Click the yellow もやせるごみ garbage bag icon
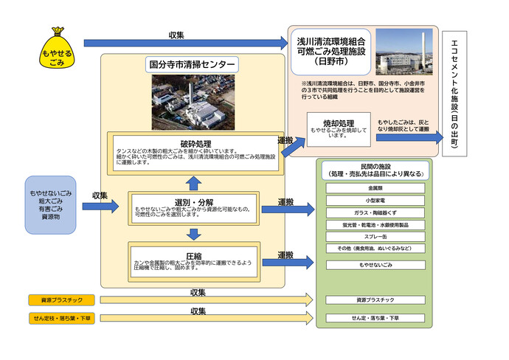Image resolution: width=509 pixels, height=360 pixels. (57, 49)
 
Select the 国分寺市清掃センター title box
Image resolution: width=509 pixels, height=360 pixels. (192, 64)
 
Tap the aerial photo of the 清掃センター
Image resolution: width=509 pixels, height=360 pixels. (193, 102)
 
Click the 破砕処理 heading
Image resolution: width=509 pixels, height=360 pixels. (195, 143)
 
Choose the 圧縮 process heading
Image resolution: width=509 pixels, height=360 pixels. (195, 255)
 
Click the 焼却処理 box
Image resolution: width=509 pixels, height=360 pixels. (339, 128)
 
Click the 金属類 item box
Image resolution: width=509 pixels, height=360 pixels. (375, 188)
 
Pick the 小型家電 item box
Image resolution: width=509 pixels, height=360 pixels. (375, 201)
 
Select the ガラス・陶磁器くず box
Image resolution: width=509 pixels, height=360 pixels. (375, 212)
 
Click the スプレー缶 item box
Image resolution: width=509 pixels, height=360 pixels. (375, 237)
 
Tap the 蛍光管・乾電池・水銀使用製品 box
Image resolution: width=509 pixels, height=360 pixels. (375, 225)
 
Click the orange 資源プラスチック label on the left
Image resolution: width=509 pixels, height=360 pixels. (57, 300)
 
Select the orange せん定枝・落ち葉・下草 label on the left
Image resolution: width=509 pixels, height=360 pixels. (57, 318)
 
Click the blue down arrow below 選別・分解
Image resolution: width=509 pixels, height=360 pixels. (193, 234)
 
